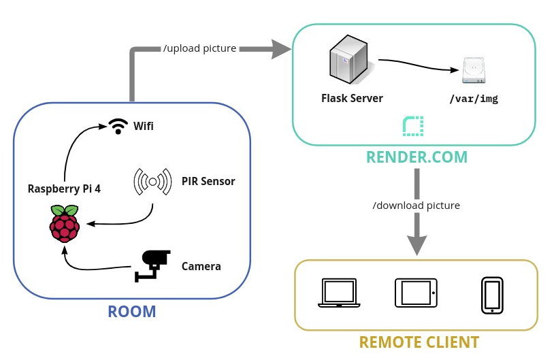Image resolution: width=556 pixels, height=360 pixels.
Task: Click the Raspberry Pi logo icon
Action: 65,223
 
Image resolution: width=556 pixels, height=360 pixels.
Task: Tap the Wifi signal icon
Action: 119,126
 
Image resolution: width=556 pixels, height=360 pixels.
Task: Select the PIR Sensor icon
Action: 152,182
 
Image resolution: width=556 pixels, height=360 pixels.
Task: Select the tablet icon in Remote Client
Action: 416,293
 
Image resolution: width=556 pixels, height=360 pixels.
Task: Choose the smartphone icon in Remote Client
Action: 492,295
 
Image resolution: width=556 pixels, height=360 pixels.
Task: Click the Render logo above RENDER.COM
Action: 413,126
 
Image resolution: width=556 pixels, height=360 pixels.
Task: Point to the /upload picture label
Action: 200,48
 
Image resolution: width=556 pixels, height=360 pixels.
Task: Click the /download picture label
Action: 416,205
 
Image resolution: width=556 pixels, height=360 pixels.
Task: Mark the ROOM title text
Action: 132,312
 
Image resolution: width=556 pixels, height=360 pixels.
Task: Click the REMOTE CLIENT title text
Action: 419,342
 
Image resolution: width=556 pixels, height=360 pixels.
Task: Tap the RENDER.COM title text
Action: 417,157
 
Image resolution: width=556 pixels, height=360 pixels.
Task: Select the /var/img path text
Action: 474,99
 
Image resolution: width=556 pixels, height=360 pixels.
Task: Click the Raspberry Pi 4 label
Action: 64,189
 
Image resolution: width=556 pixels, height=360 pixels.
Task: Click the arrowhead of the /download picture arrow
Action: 417,245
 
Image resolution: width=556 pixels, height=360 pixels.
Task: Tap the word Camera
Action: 201,266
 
